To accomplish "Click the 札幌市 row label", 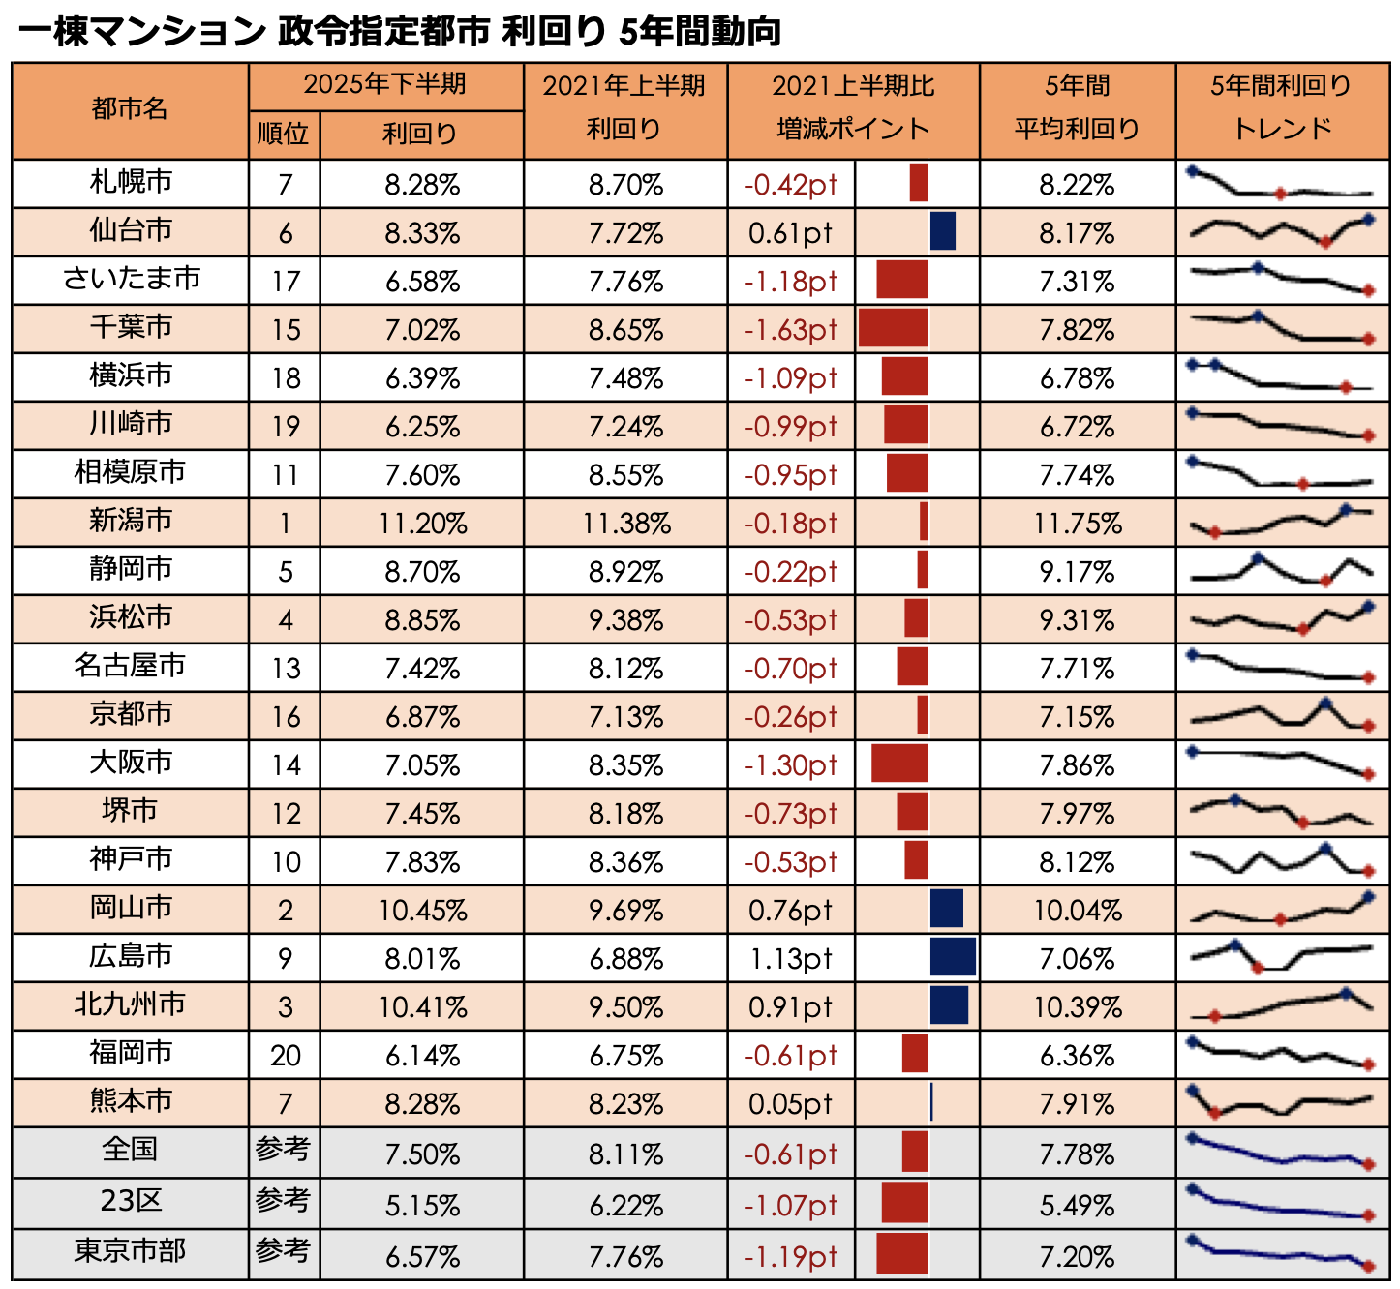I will (131, 183).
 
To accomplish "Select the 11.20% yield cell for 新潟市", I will (422, 524).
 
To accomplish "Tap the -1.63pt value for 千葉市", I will (790, 330).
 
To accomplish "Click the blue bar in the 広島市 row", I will (953, 958).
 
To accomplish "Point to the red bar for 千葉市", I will (893, 329).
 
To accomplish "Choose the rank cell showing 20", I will (285, 1056).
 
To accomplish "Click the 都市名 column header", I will (130, 110).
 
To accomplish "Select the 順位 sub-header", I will (284, 135).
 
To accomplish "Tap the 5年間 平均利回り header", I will (1077, 108).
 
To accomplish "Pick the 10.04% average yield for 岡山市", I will (1077, 911).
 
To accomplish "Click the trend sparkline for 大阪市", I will (1281, 764).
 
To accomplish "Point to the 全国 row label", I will (131, 1151).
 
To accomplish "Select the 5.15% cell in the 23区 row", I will (422, 1206).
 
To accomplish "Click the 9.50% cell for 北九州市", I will (625, 1007).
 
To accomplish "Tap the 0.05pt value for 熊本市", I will (790, 1104).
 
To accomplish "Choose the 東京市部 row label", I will (131, 1252).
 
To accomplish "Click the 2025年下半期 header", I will (385, 86).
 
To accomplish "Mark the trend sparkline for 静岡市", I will (1281, 570).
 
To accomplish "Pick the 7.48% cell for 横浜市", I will (625, 378).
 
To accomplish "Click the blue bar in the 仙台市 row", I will (943, 232).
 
